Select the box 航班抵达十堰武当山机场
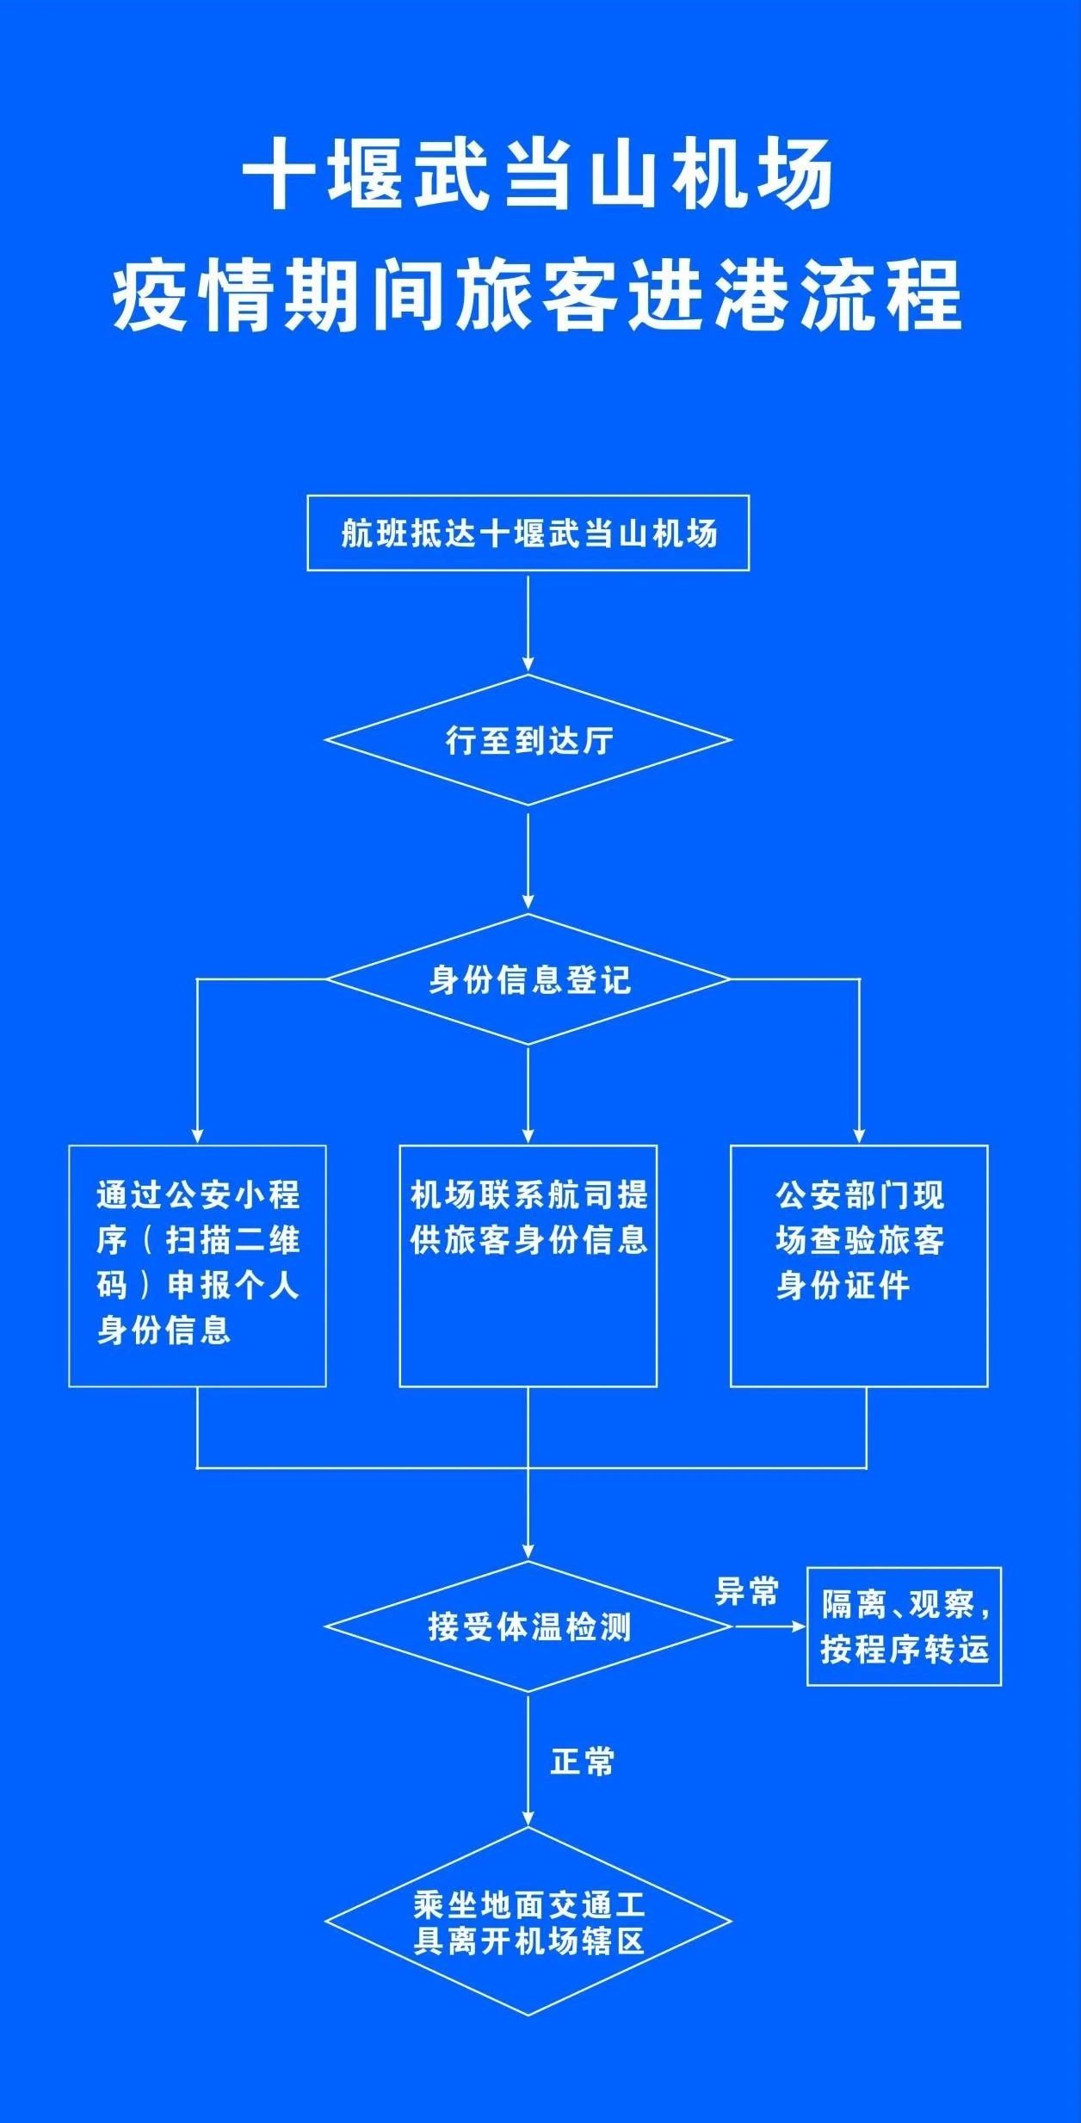[x=528, y=533]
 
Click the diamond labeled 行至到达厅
[x=528, y=739]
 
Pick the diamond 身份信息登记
[x=528, y=979]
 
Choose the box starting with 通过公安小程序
[x=197, y=1265]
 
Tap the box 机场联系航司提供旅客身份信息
[x=528, y=1265]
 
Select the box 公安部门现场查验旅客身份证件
[x=859, y=1265]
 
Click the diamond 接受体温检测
[x=528, y=1626]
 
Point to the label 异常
[x=746, y=1592]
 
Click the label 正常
[x=583, y=1762]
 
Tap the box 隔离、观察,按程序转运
[x=904, y=1626]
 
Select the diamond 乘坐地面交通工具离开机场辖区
[x=528, y=1921]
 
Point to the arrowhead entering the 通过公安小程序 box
[x=198, y=1136]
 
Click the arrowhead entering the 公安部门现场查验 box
[x=859, y=1136]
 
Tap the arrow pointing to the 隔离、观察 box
[x=769, y=1626]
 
